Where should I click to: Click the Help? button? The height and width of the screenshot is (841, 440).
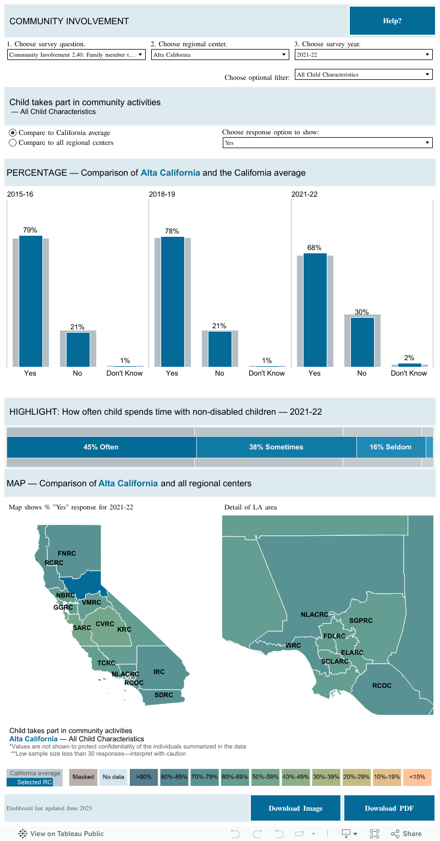pos(392,21)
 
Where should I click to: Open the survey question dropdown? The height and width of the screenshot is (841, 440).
pos(76,55)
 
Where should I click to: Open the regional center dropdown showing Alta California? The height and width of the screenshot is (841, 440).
pos(220,55)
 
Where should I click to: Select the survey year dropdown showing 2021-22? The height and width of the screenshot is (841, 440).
pos(364,55)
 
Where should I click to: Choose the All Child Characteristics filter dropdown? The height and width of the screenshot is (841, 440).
pos(364,74)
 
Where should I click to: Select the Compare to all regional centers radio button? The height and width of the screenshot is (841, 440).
pos(13,143)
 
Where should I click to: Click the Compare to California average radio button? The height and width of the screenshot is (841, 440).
pos(13,133)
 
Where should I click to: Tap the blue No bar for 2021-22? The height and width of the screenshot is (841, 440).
pos(362,341)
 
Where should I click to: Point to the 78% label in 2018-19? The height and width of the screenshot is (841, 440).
pos(172,230)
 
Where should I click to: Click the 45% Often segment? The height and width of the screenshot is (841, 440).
pos(101,447)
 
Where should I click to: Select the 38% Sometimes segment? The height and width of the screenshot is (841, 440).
pos(276,447)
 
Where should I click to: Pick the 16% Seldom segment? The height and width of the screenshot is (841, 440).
pos(391,447)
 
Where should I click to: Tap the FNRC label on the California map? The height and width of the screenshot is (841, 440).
pos(67,553)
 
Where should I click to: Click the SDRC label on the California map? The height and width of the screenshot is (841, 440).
pos(163,695)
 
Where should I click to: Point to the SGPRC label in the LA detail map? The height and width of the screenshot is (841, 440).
pos(361,621)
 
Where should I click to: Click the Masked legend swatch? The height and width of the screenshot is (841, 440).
pos(84,777)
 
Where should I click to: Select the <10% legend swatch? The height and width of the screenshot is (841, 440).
pos(417,777)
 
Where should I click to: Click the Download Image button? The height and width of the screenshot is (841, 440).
pos(295,808)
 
